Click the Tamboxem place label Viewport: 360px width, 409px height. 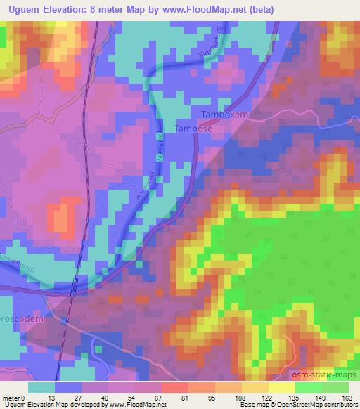[226, 114]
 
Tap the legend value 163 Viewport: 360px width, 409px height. [348, 398]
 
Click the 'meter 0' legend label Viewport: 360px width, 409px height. [14, 398]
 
